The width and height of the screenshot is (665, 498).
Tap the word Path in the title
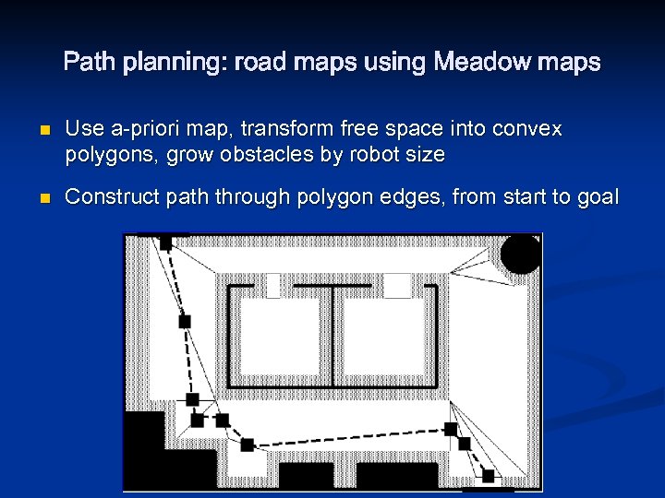click(88, 63)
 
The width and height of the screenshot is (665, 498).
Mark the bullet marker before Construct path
click(37, 196)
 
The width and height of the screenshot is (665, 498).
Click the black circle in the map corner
click(521, 253)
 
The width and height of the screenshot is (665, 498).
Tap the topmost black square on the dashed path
click(165, 243)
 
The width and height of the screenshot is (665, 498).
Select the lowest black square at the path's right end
click(488, 476)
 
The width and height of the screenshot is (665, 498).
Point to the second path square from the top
click(185, 321)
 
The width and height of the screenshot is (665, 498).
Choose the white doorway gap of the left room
click(272, 286)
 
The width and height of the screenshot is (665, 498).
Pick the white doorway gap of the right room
click(397, 286)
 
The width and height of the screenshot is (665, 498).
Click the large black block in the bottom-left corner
click(148, 452)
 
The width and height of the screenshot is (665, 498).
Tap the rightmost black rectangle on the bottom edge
click(397, 476)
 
